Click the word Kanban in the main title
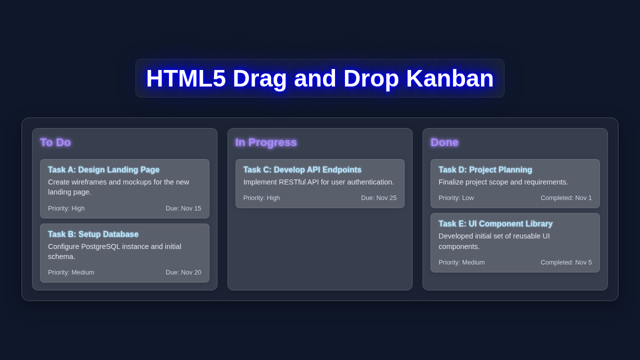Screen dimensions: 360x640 (449, 78)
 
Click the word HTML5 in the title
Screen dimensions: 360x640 (185, 78)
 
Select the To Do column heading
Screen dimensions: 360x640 (55, 142)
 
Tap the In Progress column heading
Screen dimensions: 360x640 (265, 142)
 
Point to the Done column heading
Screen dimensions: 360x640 (444, 142)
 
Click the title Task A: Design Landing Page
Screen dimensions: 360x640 (103, 170)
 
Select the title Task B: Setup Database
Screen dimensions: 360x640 (93, 234)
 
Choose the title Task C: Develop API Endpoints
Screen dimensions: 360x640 (302, 170)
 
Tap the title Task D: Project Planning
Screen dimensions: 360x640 (485, 170)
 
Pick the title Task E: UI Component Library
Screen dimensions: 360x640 (495, 224)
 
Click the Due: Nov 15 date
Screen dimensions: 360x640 (183, 208)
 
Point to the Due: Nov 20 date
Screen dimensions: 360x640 (183, 272)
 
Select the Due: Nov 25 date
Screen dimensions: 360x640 (378, 198)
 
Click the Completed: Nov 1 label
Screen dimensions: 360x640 (566, 198)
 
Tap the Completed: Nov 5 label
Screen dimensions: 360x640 (566, 262)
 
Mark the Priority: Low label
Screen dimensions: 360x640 (456, 198)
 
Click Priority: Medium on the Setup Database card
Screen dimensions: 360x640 (71, 272)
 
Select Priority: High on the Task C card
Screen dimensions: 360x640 (261, 198)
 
